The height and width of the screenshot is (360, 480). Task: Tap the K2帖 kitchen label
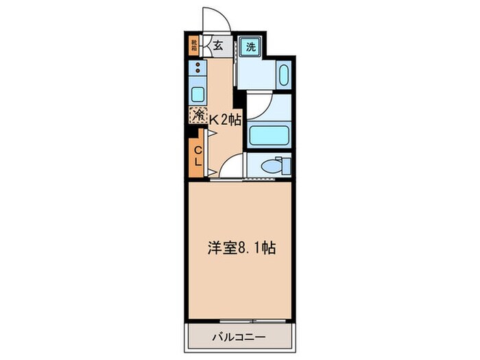[x=224, y=119]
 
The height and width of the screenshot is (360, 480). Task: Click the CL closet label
[x=197, y=156]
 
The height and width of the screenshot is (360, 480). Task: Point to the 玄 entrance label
[x=217, y=47]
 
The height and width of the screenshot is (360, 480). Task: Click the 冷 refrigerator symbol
[x=198, y=115]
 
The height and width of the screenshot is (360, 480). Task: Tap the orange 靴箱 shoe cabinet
[x=194, y=47]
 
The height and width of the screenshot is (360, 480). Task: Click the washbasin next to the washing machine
[x=283, y=74]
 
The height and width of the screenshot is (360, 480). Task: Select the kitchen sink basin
[x=197, y=94]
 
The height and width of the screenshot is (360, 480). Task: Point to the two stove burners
[x=197, y=68]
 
